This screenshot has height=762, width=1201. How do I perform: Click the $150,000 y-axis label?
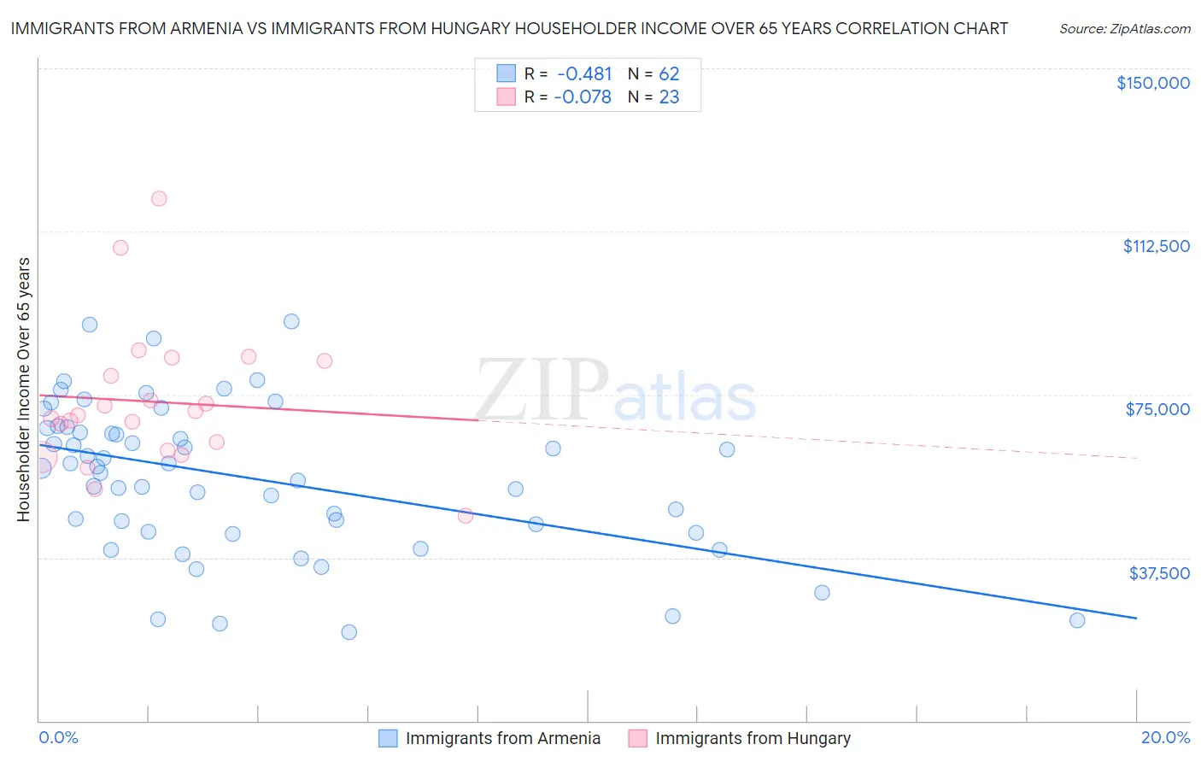[1152, 83]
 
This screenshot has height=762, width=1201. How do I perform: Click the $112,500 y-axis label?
[1156, 246]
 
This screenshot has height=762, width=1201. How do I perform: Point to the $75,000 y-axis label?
[1157, 409]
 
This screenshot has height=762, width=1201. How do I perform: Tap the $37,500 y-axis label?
[1159, 573]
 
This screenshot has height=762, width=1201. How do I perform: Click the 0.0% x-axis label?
[58, 737]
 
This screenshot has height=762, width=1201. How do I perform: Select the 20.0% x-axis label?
[1165, 737]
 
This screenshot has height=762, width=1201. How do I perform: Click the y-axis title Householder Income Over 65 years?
[23, 390]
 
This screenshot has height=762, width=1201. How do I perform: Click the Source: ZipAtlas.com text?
[1124, 28]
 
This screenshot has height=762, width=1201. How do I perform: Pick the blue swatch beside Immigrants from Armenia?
[388, 738]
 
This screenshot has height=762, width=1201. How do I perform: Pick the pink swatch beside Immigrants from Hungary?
[637, 738]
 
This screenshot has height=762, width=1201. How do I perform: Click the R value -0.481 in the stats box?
[584, 73]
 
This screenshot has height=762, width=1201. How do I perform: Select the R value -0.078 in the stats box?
[583, 97]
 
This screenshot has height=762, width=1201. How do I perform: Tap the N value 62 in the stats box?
[669, 73]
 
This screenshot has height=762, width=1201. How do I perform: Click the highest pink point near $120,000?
[159, 198]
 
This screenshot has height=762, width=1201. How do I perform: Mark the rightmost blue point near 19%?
[1077, 620]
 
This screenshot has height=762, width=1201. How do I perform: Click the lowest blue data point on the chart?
[349, 632]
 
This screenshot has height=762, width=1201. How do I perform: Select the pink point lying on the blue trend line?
[466, 516]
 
